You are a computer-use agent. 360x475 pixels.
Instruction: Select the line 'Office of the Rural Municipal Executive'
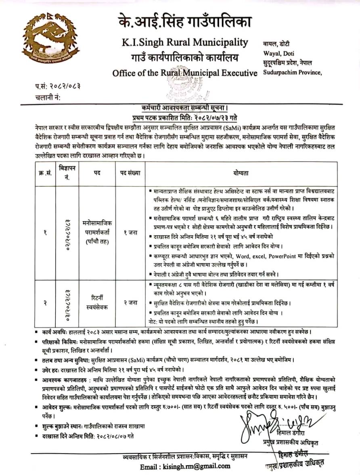point(185,73)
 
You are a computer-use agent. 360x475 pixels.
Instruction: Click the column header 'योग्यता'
point(241,172)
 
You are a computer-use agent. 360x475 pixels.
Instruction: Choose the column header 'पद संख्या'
point(130,172)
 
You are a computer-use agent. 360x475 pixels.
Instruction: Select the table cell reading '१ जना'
point(130,232)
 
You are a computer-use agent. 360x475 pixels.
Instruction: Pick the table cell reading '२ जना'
point(130,302)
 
